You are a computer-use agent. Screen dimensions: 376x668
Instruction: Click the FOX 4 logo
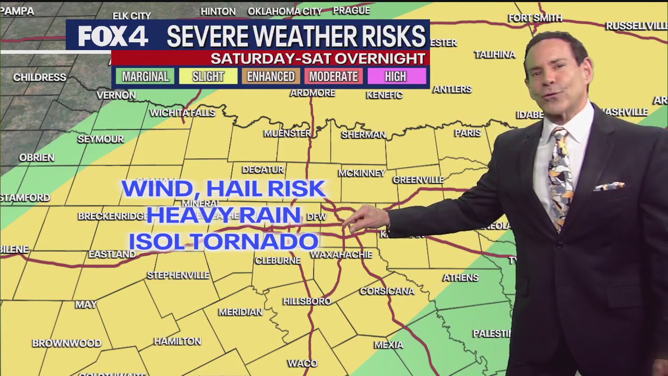pyautogui.click(x=113, y=36)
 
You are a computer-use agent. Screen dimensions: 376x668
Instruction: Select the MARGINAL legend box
pyautogui.click(x=145, y=77)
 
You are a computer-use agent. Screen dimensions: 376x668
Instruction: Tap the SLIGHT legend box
pyautogui.click(x=208, y=77)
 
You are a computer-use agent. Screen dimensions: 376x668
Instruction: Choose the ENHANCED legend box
pyautogui.click(x=270, y=77)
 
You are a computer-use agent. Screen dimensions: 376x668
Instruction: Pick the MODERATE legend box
pyautogui.click(x=333, y=77)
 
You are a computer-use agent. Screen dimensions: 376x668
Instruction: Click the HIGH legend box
pyautogui.click(x=396, y=77)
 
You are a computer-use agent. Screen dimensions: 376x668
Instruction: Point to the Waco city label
pyautogui.click(x=302, y=363)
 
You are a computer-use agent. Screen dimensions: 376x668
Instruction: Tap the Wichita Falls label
pyautogui.click(x=182, y=113)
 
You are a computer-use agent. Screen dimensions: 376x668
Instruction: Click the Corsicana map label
pyautogui.click(x=387, y=291)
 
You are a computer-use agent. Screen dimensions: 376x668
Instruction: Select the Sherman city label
pyautogui.click(x=363, y=135)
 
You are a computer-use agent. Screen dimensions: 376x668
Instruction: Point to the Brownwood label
pyautogui.click(x=67, y=343)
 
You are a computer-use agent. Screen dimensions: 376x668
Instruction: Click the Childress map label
pyautogui.click(x=40, y=77)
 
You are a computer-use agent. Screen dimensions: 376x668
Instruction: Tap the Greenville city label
pyautogui.click(x=418, y=180)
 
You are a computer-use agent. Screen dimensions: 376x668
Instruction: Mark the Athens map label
pyautogui.click(x=460, y=277)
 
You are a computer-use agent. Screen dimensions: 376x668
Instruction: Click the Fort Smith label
pyautogui.click(x=535, y=18)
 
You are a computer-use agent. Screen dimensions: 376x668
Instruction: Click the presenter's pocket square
pyautogui.click(x=610, y=186)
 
